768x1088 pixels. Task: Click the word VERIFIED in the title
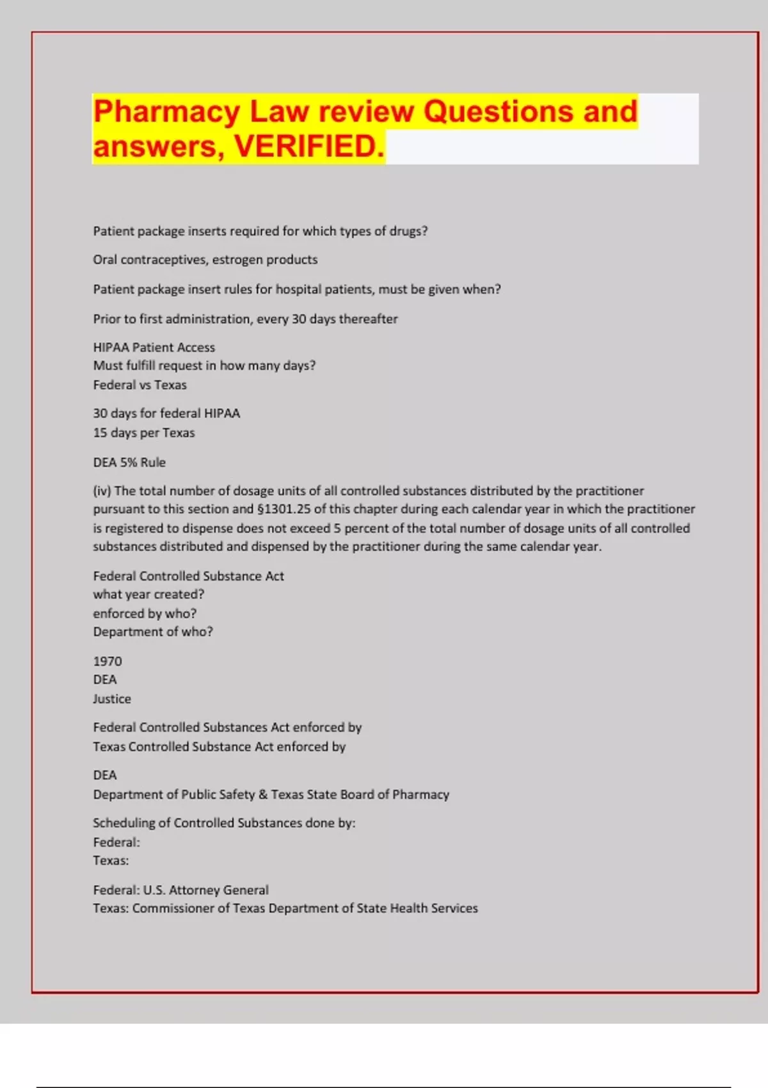(309, 147)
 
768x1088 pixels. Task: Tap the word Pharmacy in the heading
(166, 111)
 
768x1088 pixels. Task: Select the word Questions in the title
(497, 111)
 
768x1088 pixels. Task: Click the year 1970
(108, 661)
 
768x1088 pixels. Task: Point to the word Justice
(112, 699)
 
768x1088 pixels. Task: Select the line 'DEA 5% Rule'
(129, 462)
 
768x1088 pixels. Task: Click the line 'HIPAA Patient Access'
(154, 348)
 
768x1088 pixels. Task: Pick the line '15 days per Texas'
(144, 433)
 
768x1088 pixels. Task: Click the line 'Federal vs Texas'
(140, 385)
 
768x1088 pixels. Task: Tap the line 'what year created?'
(148, 595)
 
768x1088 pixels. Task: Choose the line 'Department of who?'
(153, 632)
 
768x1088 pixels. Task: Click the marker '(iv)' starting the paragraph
(102, 491)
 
